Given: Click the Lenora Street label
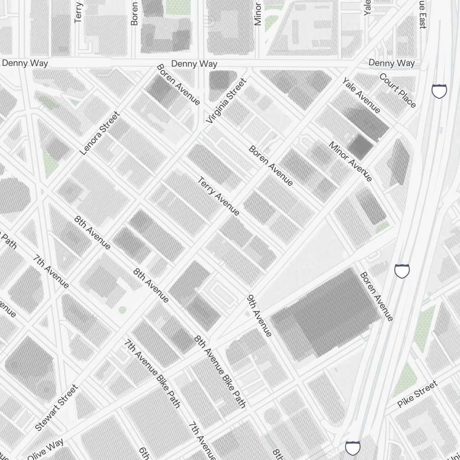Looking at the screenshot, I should [x=99, y=133].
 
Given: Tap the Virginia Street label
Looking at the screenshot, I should [x=227, y=101].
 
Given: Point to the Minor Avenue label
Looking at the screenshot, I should [x=350, y=161].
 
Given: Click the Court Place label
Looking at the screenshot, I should [x=397, y=90].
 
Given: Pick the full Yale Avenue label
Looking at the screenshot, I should [x=361, y=95].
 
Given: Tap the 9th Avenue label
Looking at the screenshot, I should [x=260, y=316].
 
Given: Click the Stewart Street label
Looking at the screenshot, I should [x=57, y=408].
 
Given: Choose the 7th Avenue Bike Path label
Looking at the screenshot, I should [x=152, y=373].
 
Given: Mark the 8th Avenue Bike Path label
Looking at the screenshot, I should [x=220, y=372].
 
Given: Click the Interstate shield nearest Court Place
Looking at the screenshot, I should [x=439, y=91].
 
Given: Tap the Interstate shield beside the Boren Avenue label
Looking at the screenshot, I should [x=402, y=270].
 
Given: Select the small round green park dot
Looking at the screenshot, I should [x=122, y=310].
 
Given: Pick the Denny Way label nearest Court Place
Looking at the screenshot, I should [x=391, y=63].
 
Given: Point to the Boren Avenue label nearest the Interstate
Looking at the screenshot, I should [x=377, y=297].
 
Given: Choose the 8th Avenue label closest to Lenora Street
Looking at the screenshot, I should [x=92, y=232].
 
